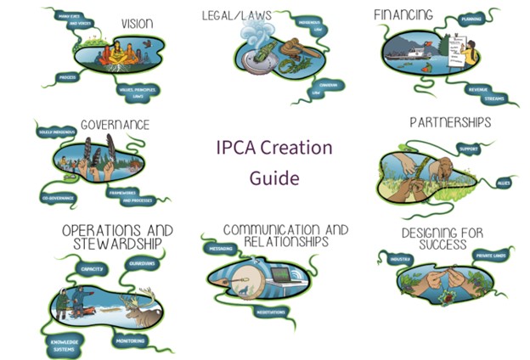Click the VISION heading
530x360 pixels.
pyautogui.click(x=137, y=23)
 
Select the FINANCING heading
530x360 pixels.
pyautogui.click(x=403, y=14)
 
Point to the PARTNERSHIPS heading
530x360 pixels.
pyautogui.click(x=450, y=122)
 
